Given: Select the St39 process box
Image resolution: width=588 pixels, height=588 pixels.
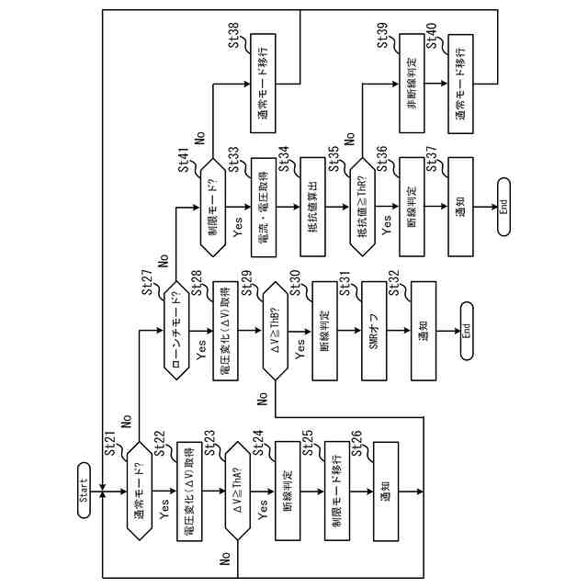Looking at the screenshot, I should click(x=411, y=85).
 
